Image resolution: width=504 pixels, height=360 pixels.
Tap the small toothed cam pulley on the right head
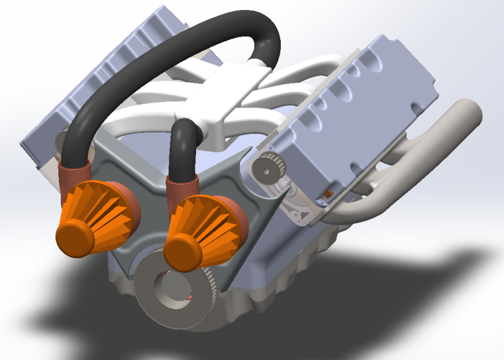click(x=271, y=166)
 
